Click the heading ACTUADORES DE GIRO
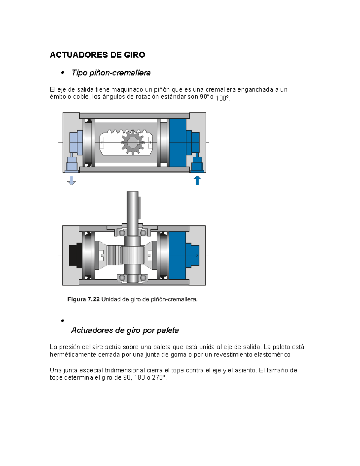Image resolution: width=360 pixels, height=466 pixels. coord(97,55)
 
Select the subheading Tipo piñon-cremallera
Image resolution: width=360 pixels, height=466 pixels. coord(111,73)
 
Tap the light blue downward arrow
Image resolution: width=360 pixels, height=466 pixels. coord(72,180)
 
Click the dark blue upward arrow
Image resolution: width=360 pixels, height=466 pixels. coord(197,180)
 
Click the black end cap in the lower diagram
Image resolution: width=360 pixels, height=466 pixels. coord(75,255)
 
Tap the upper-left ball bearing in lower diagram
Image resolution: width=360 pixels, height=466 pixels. coord(122,233)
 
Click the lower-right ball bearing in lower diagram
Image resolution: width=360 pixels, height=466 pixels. coord(143,278)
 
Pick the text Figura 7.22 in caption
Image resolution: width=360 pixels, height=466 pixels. coord(83,299)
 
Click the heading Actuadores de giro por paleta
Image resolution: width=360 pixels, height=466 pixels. coord(125,330)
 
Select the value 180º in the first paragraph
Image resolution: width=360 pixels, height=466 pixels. coord(222,98)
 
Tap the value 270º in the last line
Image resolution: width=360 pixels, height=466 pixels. coord(159,378)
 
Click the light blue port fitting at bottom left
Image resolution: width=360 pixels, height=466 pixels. coord(72,164)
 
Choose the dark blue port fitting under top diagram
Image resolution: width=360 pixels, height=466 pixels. coord(197,164)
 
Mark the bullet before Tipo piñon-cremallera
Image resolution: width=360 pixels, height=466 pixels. coord(63,73)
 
